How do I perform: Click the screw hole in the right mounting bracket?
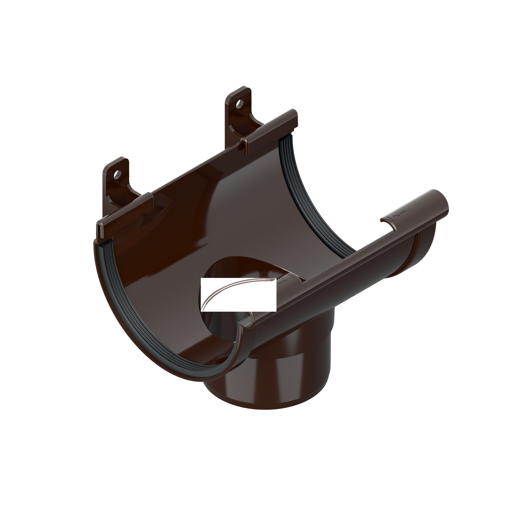pos(240,103)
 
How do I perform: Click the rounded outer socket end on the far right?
pos(425,247)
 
